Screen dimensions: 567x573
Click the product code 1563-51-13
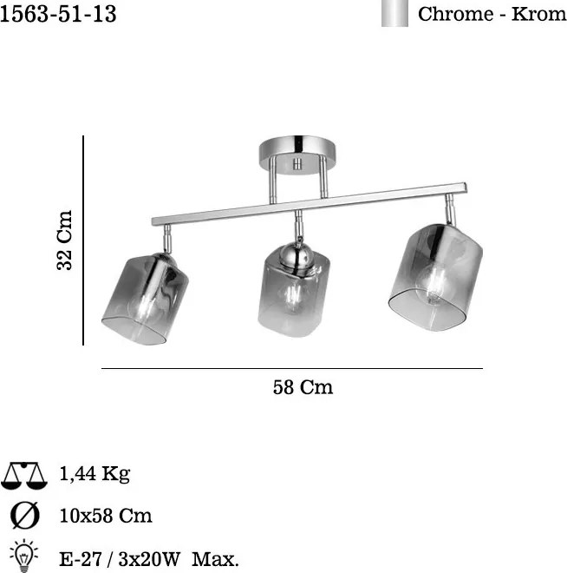[x=58, y=14]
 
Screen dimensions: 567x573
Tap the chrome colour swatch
[x=394, y=13]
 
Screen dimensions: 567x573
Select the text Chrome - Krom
[x=492, y=14]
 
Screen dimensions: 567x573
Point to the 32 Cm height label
[x=64, y=240]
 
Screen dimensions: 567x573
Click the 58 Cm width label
[x=303, y=387]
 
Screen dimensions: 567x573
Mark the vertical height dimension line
[x=83, y=240]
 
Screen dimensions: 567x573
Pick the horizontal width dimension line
[x=292, y=368]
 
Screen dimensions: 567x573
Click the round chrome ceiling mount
[x=297, y=155]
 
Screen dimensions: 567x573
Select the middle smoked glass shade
[x=294, y=291]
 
